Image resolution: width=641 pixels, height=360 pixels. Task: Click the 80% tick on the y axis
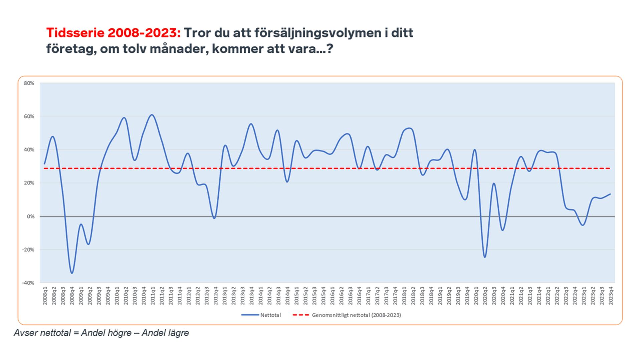click(x=29, y=83)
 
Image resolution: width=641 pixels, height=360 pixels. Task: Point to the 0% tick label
click(x=30, y=217)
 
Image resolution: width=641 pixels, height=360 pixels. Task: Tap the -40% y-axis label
click(x=28, y=283)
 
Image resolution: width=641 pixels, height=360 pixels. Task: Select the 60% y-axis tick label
click(x=29, y=116)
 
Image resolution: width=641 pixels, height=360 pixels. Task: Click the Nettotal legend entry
click(x=270, y=315)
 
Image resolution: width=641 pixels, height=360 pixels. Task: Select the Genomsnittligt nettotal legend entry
click(x=356, y=315)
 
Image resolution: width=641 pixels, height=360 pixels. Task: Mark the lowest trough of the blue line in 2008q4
click(x=72, y=273)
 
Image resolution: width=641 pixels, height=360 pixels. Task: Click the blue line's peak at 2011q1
click(x=152, y=115)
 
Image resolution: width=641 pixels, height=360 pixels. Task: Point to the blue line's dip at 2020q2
click(x=485, y=257)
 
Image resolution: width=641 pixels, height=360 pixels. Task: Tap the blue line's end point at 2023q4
click(x=610, y=194)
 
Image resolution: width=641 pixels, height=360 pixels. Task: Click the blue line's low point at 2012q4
click(x=214, y=218)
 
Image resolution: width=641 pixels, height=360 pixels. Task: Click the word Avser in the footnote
click(x=25, y=333)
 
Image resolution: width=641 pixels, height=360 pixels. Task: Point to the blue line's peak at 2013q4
click(x=251, y=124)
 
